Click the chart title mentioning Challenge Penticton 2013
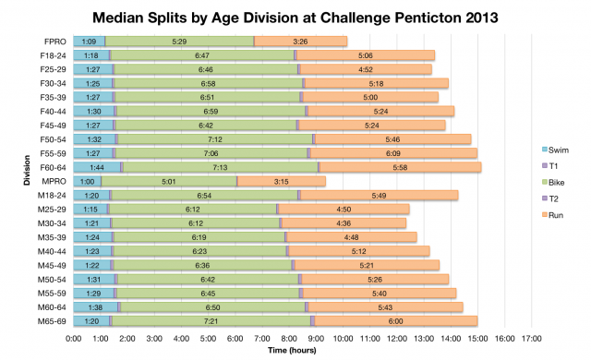pos(295,18)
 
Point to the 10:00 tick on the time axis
pos(343,338)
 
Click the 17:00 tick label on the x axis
pos(530,338)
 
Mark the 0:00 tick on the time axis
pos(74,338)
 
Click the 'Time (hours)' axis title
pos(295,351)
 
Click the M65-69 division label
pos(54,320)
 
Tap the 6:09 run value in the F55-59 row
pos(394,153)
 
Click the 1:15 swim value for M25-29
pos(90,209)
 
